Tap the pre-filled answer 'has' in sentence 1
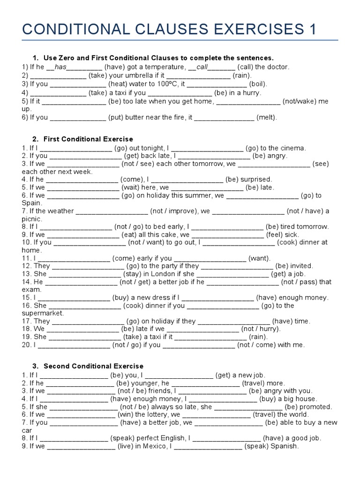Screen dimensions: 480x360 (61, 67)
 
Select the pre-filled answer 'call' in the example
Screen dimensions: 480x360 (202, 67)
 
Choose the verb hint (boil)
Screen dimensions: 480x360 (258, 84)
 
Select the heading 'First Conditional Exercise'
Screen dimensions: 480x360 (88, 139)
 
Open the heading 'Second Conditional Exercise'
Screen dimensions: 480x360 (93, 366)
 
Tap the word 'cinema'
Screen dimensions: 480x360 (294, 148)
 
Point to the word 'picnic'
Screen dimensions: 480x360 (32, 219)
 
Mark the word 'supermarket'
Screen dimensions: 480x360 (42, 313)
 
